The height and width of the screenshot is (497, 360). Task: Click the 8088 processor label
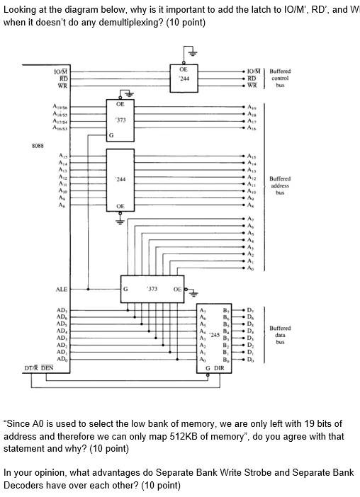click(38, 146)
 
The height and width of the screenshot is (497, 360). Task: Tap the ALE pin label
click(62, 289)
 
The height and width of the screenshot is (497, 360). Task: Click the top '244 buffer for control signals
click(184, 79)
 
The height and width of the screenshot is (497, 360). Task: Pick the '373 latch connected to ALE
click(152, 289)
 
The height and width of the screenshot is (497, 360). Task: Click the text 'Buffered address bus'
click(280, 185)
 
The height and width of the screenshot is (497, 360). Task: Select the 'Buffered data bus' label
click(280, 335)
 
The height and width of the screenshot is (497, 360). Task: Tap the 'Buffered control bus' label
click(280, 78)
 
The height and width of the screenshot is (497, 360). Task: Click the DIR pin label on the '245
click(220, 369)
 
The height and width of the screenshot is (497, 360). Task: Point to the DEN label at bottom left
click(47, 368)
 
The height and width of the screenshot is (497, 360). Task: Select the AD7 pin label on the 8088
click(62, 310)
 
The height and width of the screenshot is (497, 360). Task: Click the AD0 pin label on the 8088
click(62, 359)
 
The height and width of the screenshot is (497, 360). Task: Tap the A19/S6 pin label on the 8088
click(60, 105)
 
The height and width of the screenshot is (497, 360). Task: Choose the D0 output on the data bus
click(250, 359)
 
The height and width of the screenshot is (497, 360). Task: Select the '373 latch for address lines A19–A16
click(120, 120)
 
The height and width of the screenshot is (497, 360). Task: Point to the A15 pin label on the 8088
click(62, 155)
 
